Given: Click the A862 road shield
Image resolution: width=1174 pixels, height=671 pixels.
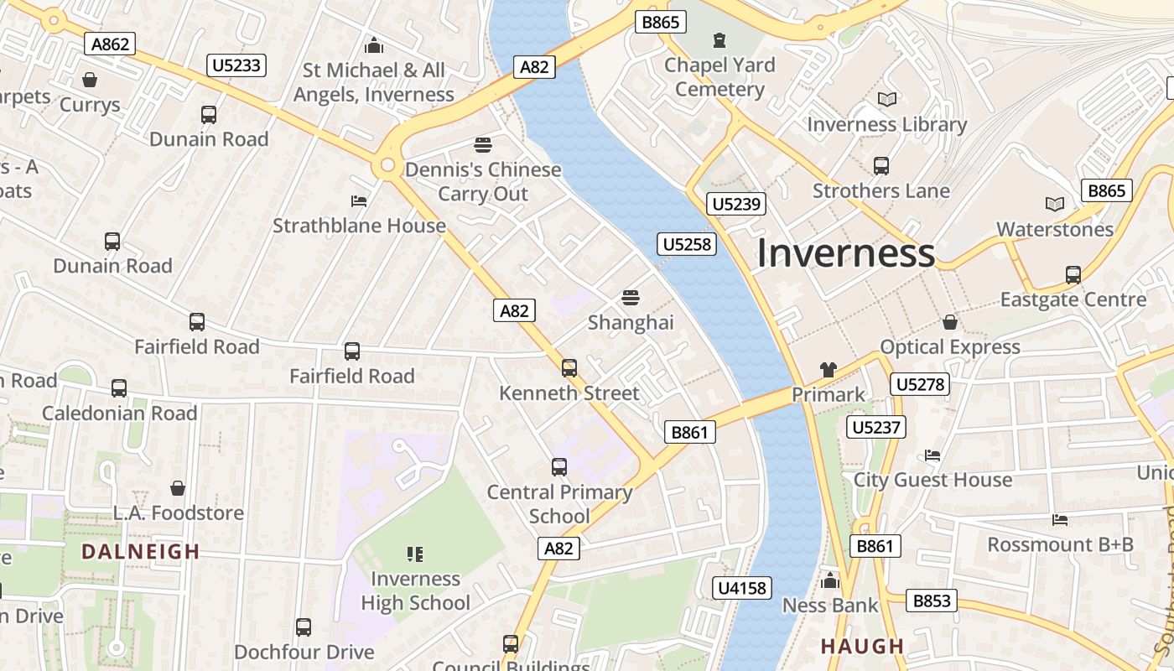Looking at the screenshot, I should tap(110, 44).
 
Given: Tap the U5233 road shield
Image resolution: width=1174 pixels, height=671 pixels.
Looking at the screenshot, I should tap(237, 65).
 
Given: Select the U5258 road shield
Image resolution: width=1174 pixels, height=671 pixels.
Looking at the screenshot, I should tap(687, 244).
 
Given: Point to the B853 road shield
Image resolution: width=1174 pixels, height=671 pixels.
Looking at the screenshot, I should tap(932, 601).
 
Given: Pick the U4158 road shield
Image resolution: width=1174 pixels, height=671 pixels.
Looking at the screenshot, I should tap(742, 588).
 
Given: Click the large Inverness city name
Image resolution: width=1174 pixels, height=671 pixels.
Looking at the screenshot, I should tap(845, 253).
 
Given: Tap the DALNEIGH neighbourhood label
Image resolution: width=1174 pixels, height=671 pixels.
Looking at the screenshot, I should tap(141, 551).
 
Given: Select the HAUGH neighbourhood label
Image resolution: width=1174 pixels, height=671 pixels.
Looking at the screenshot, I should tap(862, 646).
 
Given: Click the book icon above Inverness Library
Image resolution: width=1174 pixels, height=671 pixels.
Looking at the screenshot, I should tap(887, 100).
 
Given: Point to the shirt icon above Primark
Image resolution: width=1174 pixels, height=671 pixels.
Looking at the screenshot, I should tap(829, 369).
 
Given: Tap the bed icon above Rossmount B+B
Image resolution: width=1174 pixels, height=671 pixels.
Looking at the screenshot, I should tap(1060, 520).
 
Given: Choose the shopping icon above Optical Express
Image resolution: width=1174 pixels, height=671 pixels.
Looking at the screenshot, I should tap(950, 322).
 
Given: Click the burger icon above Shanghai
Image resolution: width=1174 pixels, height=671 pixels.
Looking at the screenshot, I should tap(631, 298).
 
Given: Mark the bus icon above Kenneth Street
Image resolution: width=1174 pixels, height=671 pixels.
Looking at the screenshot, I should tap(569, 367).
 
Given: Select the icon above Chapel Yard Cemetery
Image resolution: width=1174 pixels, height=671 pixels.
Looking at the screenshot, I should tap(719, 39).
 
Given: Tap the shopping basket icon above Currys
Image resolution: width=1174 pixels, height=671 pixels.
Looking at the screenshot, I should tap(90, 80).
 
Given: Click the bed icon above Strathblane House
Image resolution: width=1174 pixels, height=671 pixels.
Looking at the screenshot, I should tap(359, 201).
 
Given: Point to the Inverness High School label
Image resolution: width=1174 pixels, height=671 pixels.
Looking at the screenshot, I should tap(415, 590).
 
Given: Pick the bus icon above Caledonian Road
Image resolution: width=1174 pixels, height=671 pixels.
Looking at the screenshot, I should tap(119, 388).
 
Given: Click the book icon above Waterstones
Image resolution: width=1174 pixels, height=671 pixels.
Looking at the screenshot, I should tap(1055, 204).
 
